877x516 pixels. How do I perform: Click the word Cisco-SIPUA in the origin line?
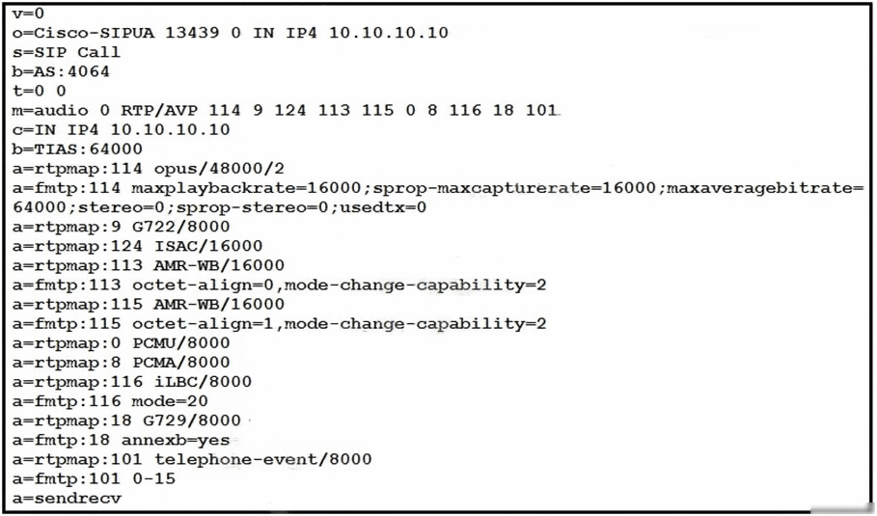(x=95, y=33)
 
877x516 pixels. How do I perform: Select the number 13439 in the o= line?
(x=192, y=33)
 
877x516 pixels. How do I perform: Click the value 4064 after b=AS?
(x=89, y=71)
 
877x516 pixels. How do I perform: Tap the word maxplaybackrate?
(x=214, y=188)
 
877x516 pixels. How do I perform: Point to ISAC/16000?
(x=208, y=246)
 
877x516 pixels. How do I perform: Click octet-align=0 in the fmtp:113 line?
(x=203, y=285)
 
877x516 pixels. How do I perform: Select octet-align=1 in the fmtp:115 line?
(x=203, y=324)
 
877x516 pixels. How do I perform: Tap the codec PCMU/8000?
(x=181, y=342)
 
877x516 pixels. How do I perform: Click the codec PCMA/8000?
(x=181, y=363)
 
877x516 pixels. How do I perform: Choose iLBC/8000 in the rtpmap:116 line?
(x=203, y=382)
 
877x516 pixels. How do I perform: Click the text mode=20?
(x=170, y=401)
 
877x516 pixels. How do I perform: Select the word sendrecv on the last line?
(x=78, y=498)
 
